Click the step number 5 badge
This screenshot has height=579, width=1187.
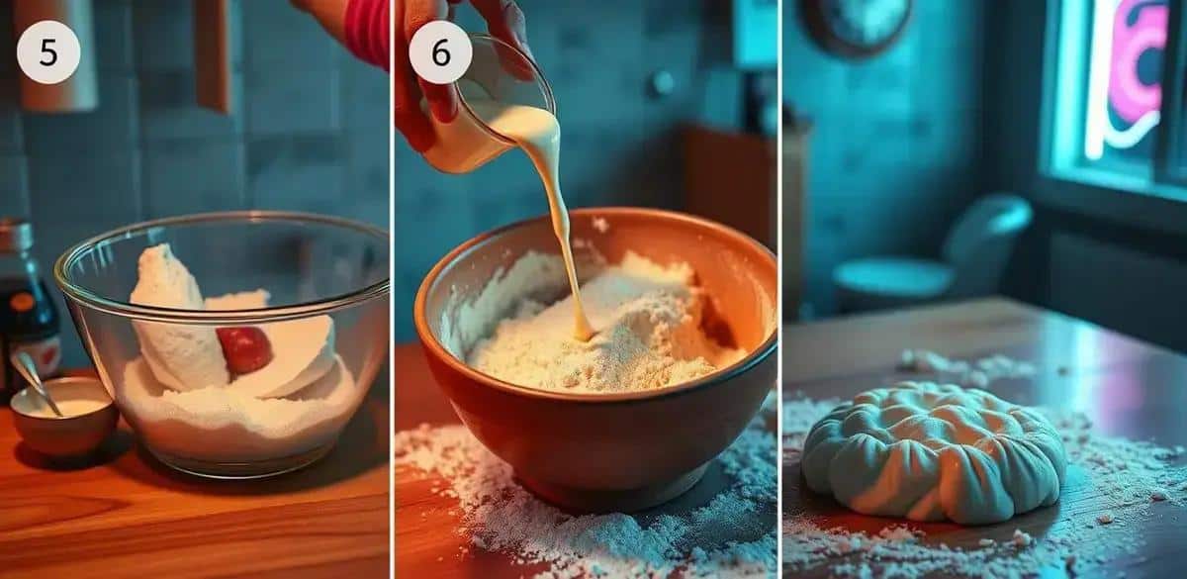click(48, 52)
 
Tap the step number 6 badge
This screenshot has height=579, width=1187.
click(440, 52)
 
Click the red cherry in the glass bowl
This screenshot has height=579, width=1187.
click(245, 348)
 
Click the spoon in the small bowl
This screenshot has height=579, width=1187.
click(36, 383)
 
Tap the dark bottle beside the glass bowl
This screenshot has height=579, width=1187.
click(27, 308)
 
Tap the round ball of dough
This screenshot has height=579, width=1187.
click(934, 451)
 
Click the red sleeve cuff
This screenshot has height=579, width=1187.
click(367, 29)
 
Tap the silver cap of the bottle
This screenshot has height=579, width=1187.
click(16, 234)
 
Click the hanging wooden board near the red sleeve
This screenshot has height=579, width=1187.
click(213, 53)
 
